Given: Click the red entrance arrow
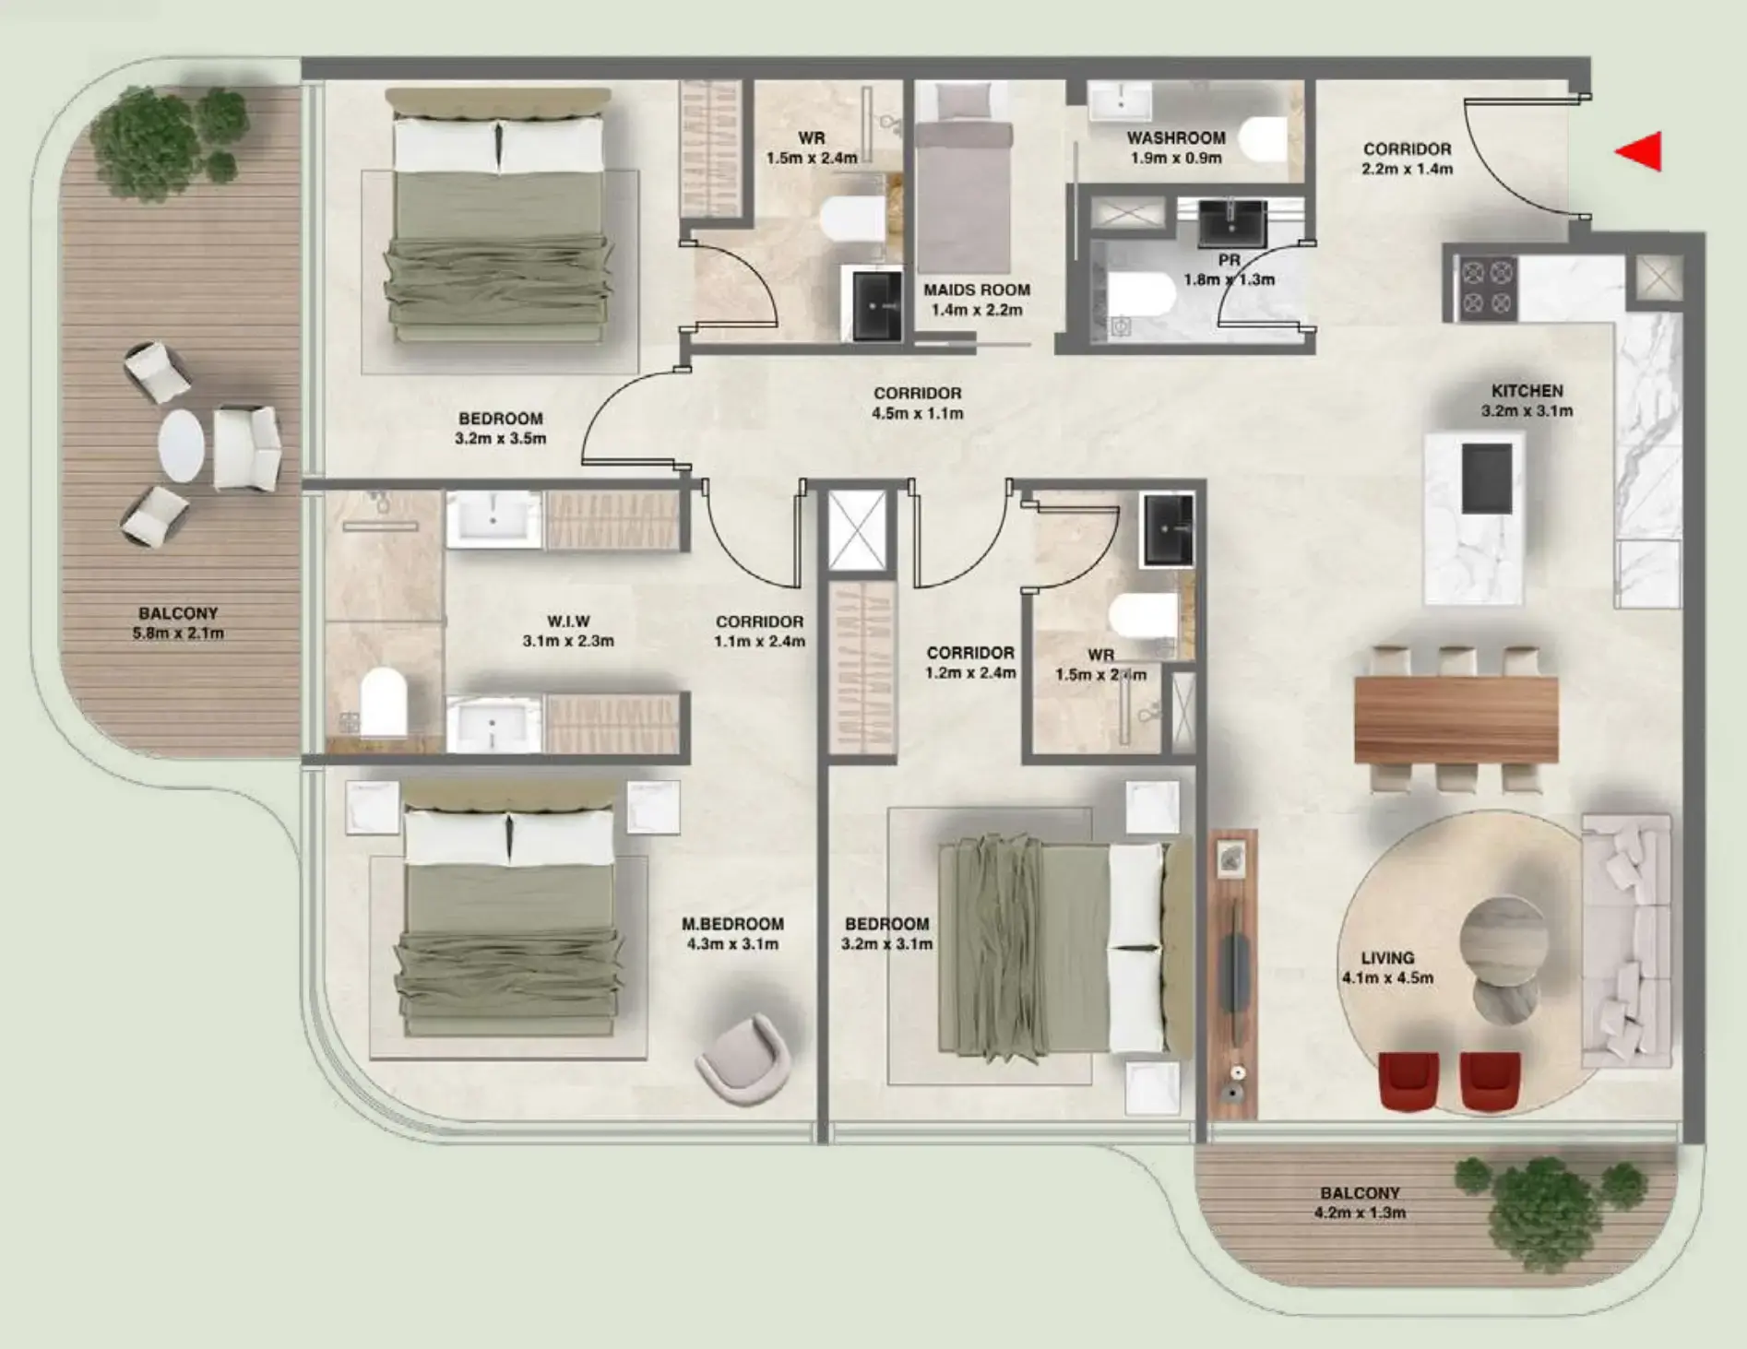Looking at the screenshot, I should pos(1641,152).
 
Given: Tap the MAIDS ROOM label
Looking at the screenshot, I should pos(977,290).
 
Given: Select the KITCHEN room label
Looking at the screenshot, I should pos(1527,391).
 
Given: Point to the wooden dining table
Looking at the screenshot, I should pos(1456,718).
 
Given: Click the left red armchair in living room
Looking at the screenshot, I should pos(1408,1082).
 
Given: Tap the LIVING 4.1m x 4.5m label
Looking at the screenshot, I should pos(1387,967).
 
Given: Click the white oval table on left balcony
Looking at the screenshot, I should pos(181,445).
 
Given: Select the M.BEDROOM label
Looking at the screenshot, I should pos(732,924).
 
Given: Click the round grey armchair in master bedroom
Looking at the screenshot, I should pos(743,1059).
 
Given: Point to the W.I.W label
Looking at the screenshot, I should pos(568,621).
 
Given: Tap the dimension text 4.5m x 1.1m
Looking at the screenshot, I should pos(917,414).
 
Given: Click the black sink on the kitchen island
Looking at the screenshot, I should pos(1487,478).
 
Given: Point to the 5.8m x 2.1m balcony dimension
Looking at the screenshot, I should pos(178,633).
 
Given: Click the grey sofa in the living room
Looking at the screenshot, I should pos(1626,941).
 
